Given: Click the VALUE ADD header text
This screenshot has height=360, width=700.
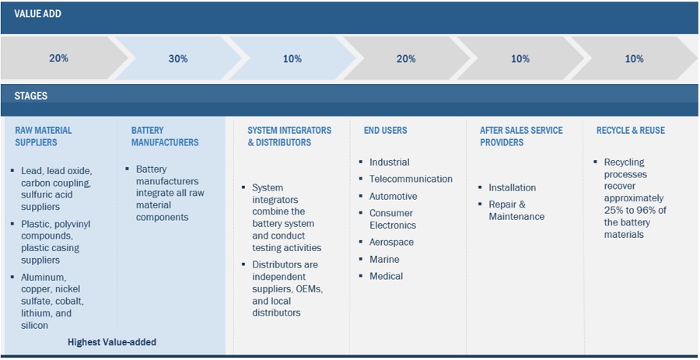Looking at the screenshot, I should click(37, 14).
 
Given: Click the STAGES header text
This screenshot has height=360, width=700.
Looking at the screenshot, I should click(30, 96).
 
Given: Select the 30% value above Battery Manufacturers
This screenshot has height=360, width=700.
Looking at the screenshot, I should click(177, 58).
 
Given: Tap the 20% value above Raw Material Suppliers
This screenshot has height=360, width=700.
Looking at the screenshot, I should click(58, 58).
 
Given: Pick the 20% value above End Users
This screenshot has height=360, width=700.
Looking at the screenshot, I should click(406, 58).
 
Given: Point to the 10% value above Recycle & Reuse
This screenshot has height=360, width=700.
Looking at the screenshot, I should click(634, 58).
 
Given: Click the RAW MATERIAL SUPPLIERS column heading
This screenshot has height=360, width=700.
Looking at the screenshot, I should click(44, 136).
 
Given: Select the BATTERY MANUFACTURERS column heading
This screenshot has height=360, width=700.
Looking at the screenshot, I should click(165, 136).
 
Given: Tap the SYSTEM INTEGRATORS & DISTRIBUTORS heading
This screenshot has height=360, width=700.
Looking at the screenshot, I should click(289, 136).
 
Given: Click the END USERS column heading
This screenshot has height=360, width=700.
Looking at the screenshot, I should click(385, 130).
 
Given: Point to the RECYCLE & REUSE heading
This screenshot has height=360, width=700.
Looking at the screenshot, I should click(630, 130).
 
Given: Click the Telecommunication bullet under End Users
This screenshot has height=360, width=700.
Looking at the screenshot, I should click(411, 179).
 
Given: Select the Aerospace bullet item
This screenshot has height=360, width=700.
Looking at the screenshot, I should click(391, 242).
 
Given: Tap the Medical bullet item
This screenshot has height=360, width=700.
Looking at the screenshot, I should click(386, 276).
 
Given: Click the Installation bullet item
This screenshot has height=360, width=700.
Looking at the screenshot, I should click(512, 187).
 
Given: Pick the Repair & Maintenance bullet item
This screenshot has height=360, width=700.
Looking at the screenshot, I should click(516, 210).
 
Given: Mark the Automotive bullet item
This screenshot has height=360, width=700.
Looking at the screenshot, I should click(393, 196).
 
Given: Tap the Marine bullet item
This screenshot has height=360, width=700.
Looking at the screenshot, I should click(384, 259).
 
